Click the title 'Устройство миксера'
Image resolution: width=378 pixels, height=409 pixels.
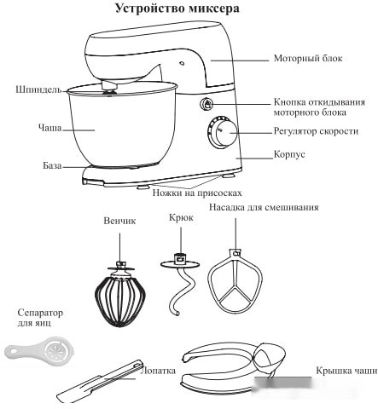point(189,9)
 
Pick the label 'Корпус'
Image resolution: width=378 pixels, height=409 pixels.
point(290,155)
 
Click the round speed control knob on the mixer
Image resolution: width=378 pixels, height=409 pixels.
point(226,134)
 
